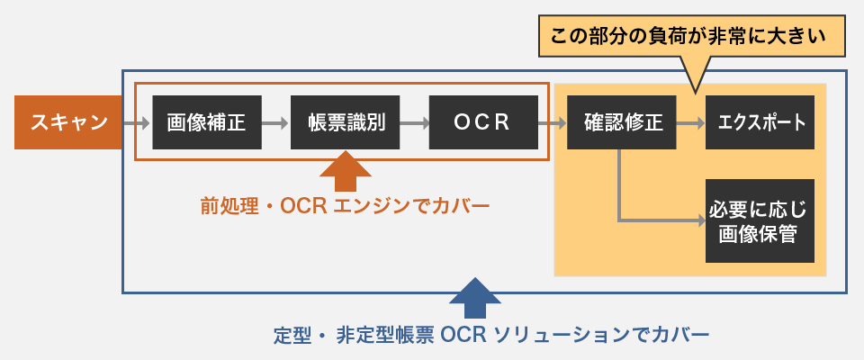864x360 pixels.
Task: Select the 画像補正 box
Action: pyautogui.click(x=206, y=121)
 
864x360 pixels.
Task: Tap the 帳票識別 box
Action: pyautogui.click(x=345, y=121)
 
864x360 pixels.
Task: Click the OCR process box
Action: pyautogui.click(x=482, y=121)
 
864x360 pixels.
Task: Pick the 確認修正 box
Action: pyautogui.click(x=622, y=121)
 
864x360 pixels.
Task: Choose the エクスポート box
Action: pyautogui.click(x=760, y=121)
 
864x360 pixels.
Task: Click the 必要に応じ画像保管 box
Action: pyautogui.click(x=760, y=220)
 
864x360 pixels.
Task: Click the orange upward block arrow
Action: pyautogui.click(x=345, y=174)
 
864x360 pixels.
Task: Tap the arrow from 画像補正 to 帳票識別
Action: pyautogui.click(x=275, y=121)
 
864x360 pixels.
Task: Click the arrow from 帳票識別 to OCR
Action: pyautogui.click(x=414, y=121)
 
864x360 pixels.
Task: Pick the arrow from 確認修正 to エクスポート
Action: pyautogui.click(x=691, y=121)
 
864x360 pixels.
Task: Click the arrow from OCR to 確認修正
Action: pyautogui.click(x=553, y=121)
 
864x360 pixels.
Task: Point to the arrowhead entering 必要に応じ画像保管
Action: pyautogui.click(x=700, y=219)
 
